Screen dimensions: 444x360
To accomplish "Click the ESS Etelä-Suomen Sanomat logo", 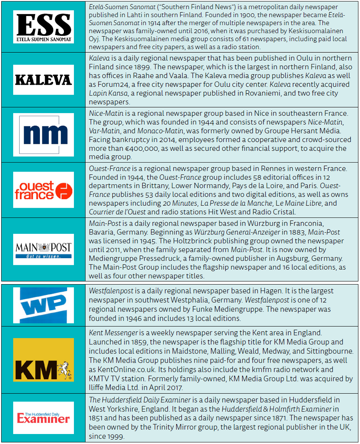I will coord(44,27).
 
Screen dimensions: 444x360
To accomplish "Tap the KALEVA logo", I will coord(44,80).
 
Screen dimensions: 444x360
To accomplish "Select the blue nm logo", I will coord(44,134).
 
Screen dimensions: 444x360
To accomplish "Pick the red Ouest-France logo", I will coord(44,190).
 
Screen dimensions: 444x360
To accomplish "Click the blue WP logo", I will coord(44,305).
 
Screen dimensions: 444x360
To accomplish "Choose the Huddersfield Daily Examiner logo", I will coord(44,417).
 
